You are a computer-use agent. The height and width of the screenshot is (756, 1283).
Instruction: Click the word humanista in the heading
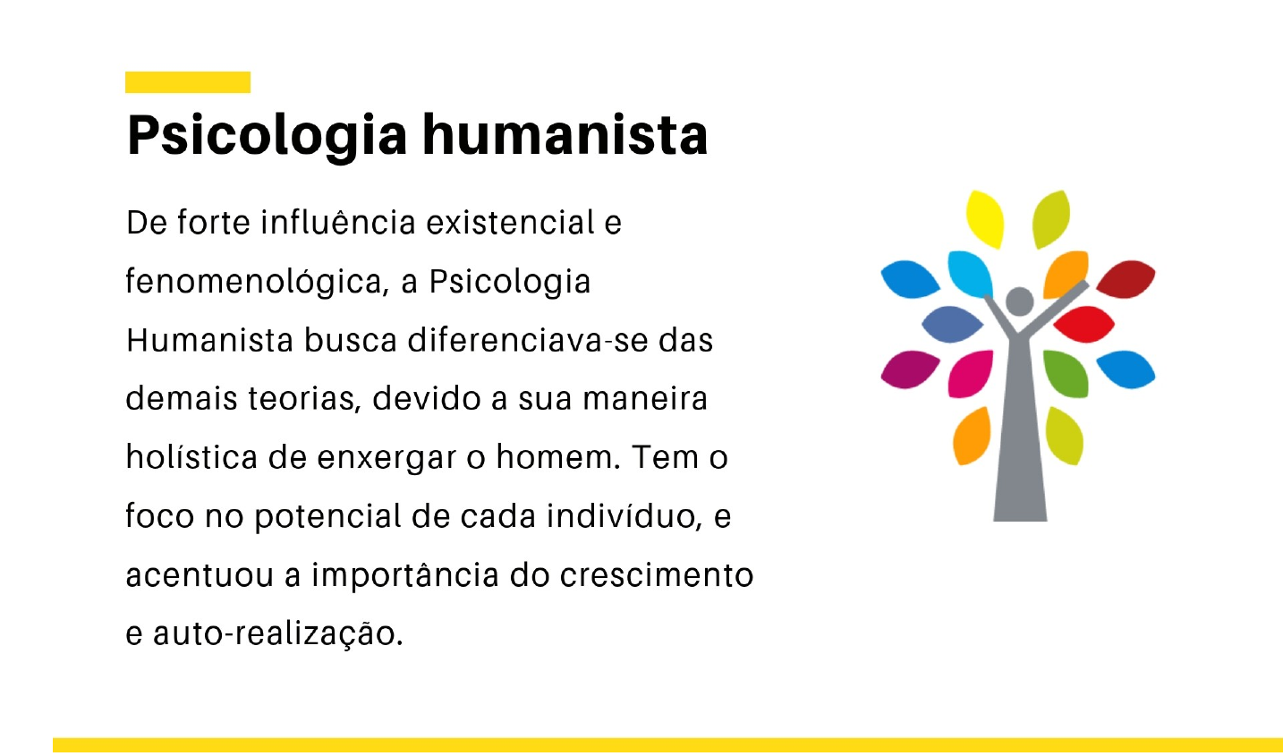tap(565, 135)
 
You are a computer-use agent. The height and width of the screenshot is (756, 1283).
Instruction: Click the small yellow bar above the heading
tap(188, 82)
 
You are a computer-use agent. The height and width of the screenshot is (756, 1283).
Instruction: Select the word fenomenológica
tap(256, 283)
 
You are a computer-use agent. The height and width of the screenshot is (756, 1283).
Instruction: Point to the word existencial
tap(511, 223)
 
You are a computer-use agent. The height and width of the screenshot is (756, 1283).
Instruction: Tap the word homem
tap(557, 457)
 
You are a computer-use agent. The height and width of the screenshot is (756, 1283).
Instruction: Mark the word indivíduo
tap(624, 516)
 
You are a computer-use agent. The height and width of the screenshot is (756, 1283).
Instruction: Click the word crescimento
tap(657, 575)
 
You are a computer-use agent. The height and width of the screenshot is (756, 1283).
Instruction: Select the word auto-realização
tap(277, 634)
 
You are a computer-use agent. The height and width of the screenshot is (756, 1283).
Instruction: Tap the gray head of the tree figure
tap(1019, 302)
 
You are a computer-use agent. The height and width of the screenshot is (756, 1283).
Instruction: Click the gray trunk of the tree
tap(1020, 447)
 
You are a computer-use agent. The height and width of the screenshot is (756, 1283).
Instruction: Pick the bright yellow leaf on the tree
tap(986, 218)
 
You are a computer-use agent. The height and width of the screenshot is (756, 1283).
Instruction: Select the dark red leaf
tap(1126, 278)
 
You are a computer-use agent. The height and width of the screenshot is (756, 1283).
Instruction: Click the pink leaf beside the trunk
tap(972, 372)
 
